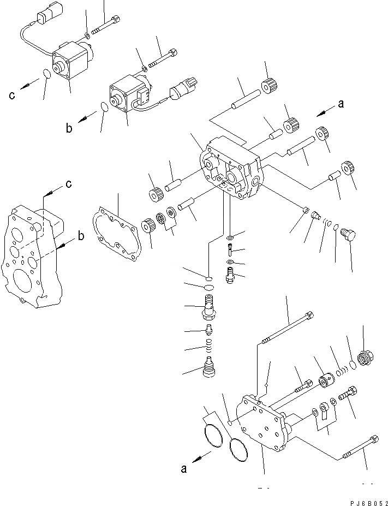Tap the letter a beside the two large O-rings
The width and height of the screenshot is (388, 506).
tap(184, 467)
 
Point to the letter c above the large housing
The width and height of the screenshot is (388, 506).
tap(68, 184)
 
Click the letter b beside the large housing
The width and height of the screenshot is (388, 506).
tap(81, 236)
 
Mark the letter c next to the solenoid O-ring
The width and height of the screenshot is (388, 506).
tap(12, 96)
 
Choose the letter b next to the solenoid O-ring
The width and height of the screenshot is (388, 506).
tap(69, 128)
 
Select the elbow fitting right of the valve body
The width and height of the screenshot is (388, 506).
tap(347, 235)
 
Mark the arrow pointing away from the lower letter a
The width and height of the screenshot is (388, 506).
tap(202, 459)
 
